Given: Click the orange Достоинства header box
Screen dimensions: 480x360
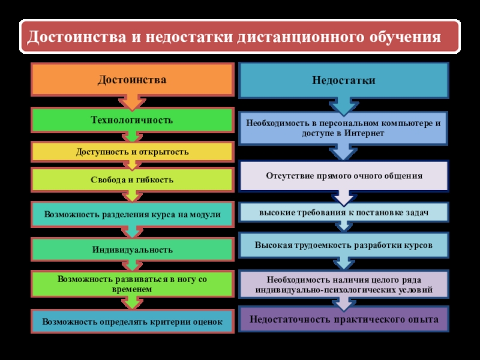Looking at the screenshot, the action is [x=133, y=80].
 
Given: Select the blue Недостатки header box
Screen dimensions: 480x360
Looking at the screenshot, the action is [x=343, y=80].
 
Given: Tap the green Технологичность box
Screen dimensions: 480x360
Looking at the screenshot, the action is [x=133, y=120].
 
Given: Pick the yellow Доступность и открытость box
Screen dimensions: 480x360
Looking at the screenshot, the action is [x=133, y=152].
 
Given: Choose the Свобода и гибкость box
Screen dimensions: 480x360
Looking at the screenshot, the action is [x=133, y=179].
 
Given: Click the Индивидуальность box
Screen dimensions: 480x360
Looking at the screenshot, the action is [x=133, y=250].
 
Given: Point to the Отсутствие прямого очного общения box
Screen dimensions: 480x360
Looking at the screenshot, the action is [x=343, y=176].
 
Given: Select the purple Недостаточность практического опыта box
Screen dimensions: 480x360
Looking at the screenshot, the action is [x=343, y=319].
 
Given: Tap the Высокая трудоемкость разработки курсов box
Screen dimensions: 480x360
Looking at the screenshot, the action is [x=343, y=245].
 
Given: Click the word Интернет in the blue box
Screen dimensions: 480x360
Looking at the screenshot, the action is [x=364, y=133].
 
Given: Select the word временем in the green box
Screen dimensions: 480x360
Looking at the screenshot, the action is [x=131, y=289].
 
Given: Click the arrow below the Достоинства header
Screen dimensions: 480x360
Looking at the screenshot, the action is [x=132, y=103].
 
